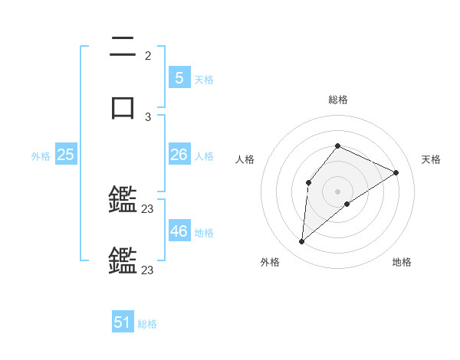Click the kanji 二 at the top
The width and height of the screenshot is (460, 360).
[x=123, y=47]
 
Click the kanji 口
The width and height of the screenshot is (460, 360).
[x=123, y=106]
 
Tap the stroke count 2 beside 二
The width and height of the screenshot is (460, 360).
[x=148, y=56]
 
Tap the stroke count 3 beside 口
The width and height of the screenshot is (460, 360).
[x=148, y=116]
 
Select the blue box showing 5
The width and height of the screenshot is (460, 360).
[x=179, y=77]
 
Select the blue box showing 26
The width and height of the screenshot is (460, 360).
[x=179, y=155]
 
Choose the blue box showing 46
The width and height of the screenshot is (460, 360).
[x=179, y=231]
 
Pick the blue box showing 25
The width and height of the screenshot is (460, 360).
[x=65, y=155]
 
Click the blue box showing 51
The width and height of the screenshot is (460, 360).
[x=123, y=322]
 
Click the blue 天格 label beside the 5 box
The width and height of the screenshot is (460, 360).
[x=204, y=79]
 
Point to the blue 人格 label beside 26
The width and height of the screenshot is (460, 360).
[x=204, y=156]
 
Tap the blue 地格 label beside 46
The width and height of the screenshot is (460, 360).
[x=204, y=233]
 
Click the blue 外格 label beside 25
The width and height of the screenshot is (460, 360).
[x=41, y=156]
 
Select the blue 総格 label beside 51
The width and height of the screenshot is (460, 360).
[x=147, y=324]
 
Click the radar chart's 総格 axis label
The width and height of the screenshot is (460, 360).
[x=338, y=100]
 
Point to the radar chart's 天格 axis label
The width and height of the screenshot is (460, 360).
[x=431, y=159]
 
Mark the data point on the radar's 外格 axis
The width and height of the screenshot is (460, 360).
[x=301, y=242]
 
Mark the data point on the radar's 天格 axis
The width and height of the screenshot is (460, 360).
[x=396, y=172]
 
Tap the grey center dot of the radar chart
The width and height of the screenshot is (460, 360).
[x=338, y=191]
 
